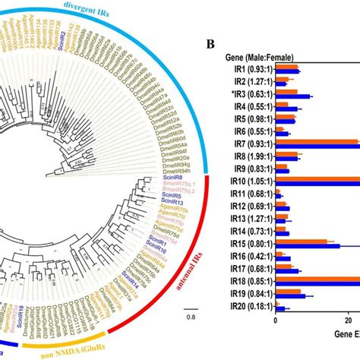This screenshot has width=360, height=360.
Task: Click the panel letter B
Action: point(210,43)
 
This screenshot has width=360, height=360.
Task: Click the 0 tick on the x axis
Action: point(276,322)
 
